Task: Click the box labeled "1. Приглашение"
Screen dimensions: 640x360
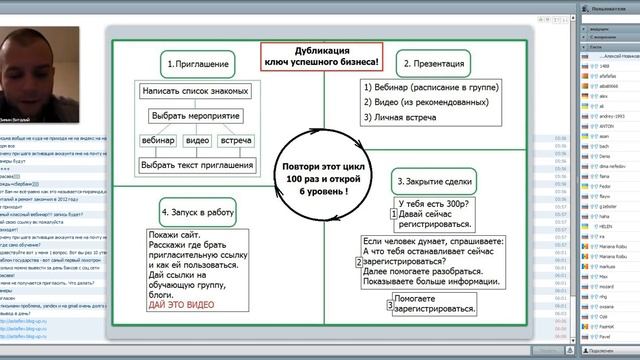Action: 200,64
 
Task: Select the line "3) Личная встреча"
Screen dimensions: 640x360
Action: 406,118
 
